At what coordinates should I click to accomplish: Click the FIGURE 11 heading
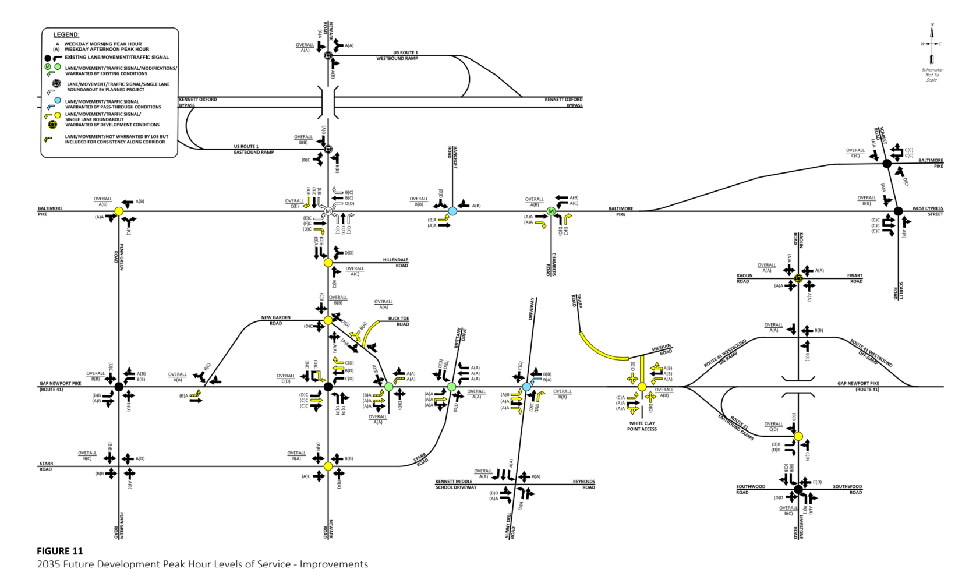(60, 551)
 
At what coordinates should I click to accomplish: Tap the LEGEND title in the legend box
(66, 35)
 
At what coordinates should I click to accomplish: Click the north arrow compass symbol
(932, 44)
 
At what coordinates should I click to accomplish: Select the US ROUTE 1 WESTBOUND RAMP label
(397, 56)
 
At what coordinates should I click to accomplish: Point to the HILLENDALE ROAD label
(395, 263)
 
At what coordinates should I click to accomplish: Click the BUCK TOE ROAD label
(399, 321)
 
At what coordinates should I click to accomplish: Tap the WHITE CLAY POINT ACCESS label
(642, 426)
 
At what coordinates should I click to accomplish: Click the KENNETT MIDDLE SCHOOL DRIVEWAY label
(456, 485)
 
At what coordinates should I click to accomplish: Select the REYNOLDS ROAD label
(583, 485)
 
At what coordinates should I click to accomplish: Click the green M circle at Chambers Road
(551, 211)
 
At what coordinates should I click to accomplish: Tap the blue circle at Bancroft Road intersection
(452, 211)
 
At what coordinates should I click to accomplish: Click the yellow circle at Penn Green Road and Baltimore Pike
(119, 211)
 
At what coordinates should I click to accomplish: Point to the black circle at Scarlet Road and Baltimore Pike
(887, 164)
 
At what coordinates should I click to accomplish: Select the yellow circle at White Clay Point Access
(642, 387)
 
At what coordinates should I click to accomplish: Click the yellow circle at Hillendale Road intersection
(328, 263)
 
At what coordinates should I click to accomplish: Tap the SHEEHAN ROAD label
(662, 349)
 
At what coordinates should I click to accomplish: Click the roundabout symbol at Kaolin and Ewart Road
(798, 279)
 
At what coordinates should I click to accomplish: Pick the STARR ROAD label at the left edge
(46, 466)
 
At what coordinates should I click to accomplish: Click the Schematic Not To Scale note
(932, 75)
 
